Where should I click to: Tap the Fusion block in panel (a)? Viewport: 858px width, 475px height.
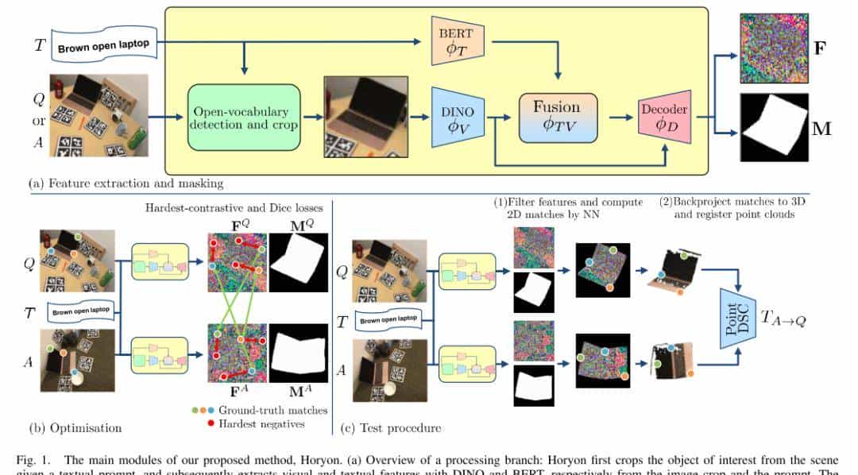556,118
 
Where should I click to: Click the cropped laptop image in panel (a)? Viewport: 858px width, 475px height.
365,117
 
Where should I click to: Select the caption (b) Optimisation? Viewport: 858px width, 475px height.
75,427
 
